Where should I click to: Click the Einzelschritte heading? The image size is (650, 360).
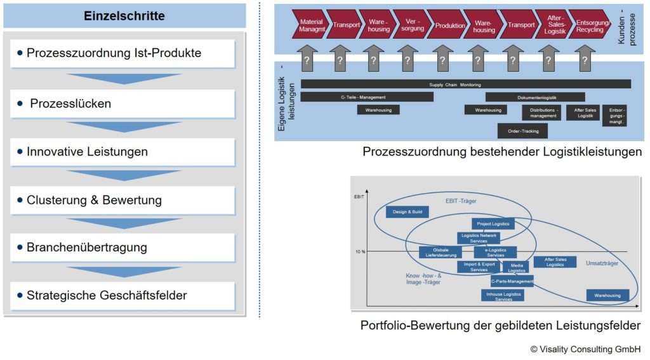(124, 16)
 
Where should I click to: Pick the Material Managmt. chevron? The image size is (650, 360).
(311, 25)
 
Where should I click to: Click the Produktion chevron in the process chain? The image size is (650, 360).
(449, 25)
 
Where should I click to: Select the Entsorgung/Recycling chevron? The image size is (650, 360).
(590, 25)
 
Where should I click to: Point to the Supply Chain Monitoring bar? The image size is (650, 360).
(465, 84)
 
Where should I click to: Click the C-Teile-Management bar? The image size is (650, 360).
(367, 97)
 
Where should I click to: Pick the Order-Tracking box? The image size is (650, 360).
(522, 131)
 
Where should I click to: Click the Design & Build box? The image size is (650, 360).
(407, 212)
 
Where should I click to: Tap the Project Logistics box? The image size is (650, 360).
(493, 223)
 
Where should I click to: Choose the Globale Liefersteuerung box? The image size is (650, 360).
(440, 253)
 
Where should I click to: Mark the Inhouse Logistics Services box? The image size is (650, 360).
(503, 295)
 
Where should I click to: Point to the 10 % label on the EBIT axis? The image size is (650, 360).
(360, 252)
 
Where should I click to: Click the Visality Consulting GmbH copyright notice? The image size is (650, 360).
(586, 349)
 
